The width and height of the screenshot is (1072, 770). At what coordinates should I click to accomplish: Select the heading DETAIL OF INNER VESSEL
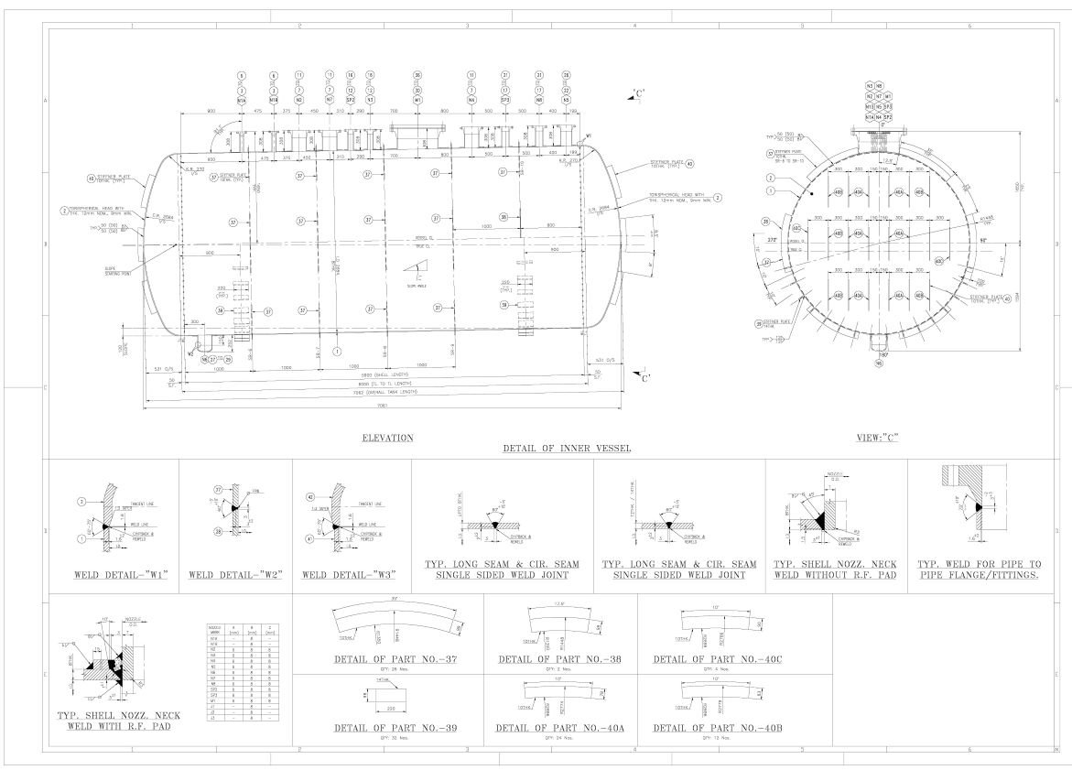click(567, 449)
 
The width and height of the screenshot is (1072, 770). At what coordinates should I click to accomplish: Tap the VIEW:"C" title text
click(877, 439)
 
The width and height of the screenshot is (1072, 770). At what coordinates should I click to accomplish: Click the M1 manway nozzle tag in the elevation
click(417, 100)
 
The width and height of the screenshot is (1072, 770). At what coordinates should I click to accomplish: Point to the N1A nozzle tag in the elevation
click(242, 100)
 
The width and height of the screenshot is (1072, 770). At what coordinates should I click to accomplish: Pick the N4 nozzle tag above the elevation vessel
click(471, 100)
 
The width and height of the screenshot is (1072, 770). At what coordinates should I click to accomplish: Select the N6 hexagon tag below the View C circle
click(878, 363)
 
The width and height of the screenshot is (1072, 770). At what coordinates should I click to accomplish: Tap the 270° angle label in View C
click(772, 241)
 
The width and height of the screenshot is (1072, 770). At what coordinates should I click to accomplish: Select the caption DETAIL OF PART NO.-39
click(395, 729)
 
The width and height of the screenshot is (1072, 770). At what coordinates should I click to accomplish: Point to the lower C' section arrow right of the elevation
click(644, 376)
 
